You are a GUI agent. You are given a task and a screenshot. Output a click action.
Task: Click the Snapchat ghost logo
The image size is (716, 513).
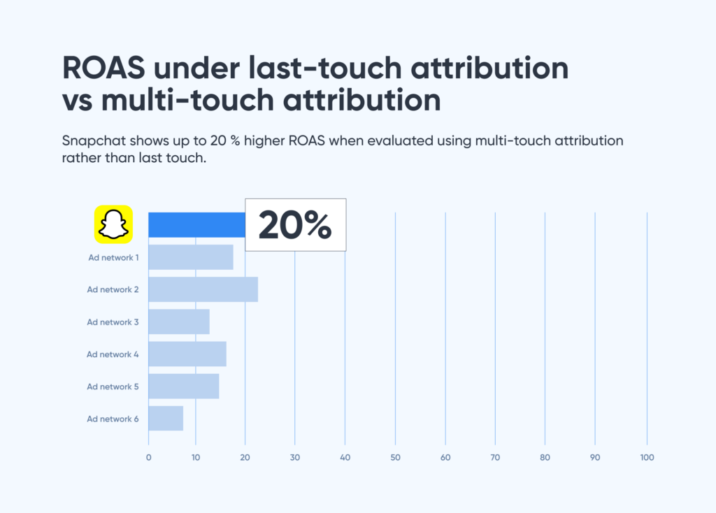(113, 224)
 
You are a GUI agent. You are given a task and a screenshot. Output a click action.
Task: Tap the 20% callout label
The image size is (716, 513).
(295, 224)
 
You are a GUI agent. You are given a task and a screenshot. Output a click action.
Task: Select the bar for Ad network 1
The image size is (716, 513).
(191, 257)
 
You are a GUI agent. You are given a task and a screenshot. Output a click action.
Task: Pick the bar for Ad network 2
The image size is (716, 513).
(203, 289)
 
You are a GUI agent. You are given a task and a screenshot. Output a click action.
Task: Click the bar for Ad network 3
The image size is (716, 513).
(179, 321)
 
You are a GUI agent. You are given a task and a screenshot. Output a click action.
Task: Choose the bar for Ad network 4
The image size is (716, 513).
(187, 354)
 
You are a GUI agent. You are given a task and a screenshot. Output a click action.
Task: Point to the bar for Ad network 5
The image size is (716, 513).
(184, 386)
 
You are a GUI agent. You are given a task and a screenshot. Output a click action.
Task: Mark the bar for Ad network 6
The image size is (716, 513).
(166, 418)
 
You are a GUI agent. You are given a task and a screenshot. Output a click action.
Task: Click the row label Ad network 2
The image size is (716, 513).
(113, 289)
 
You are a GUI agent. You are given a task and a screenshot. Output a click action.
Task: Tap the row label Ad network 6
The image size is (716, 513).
(113, 419)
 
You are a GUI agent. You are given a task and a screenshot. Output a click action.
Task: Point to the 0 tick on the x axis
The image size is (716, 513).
(148, 458)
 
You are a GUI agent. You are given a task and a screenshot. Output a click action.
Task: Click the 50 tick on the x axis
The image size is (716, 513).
(395, 458)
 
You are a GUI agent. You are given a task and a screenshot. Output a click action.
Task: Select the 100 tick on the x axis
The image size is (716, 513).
(647, 458)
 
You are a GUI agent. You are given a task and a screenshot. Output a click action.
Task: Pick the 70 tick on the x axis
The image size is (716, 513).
(495, 458)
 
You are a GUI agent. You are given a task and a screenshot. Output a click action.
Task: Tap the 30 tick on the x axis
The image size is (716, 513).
(294, 458)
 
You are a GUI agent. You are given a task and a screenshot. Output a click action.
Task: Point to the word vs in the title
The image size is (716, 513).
(77, 101)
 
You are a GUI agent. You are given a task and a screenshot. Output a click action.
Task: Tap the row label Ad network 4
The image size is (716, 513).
(113, 354)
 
